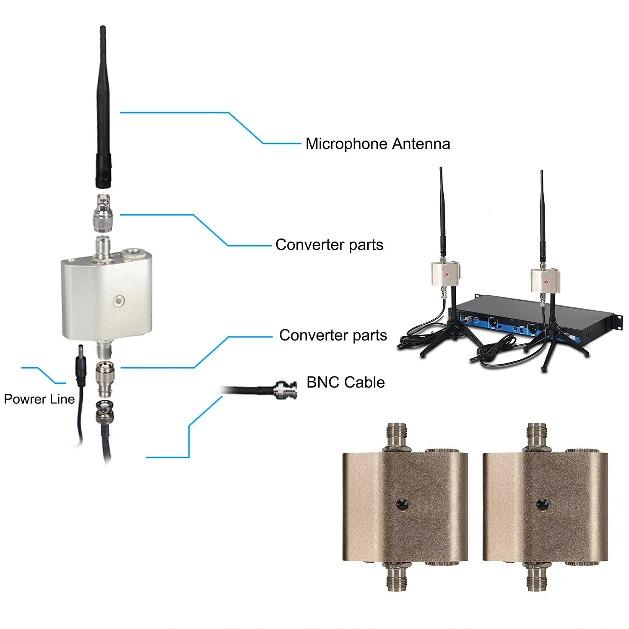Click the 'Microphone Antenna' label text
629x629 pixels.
pyautogui.click(x=377, y=144)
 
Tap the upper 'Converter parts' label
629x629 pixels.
pyautogui.click(x=329, y=245)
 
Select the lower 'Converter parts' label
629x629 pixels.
pyautogui.click(x=333, y=335)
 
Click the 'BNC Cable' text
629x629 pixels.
pyautogui.click(x=346, y=382)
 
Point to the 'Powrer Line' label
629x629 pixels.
pyautogui.click(x=39, y=399)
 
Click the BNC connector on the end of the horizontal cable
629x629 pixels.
pyautogui.click(x=287, y=390)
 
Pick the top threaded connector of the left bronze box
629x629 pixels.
pyautogui.click(x=396, y=436)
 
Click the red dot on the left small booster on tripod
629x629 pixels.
pyautogui.click(x=447, y=275)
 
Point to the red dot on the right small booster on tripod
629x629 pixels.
pyautogui.click(x=546, y=282)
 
